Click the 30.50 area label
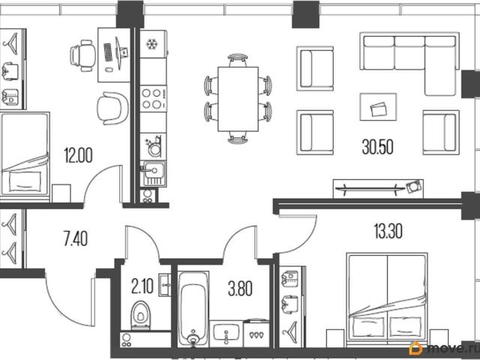tap(377, 147)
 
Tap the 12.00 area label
tap(78, 155)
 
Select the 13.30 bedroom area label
tap(388, 231)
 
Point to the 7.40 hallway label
tap(76, 238)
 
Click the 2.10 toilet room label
tap(142, 287)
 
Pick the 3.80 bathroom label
tap(240, 289)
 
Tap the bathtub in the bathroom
tap(193, 309)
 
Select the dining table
tap(238, 99)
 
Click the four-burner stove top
tap(153, 98)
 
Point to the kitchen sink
tap(154, 173)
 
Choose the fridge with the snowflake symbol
tap(153, 44)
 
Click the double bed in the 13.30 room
tap(387, 296)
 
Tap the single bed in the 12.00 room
tap(25, 154)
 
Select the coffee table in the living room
tap(378, 106)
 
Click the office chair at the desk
tap(82, 55)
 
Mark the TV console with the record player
tap(378, 188)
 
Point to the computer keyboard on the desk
tap(108, 52)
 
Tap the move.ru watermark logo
tap(444, 348)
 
